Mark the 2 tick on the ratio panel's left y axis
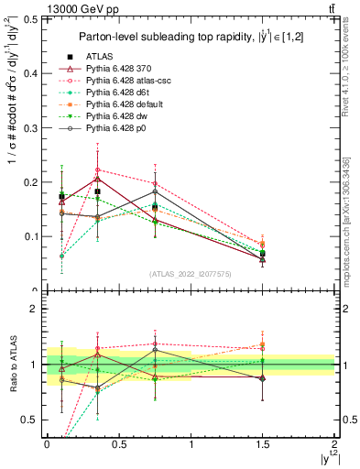[36, 310]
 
